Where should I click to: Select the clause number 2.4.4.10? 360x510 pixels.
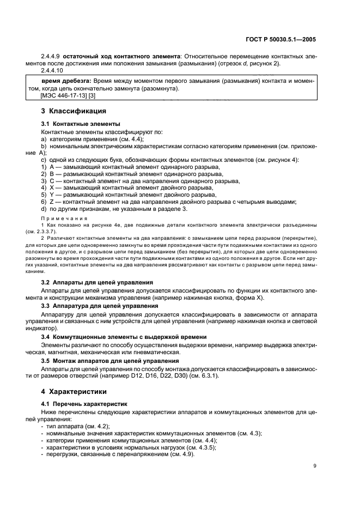pyautogui.click(x=52, y=71)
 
